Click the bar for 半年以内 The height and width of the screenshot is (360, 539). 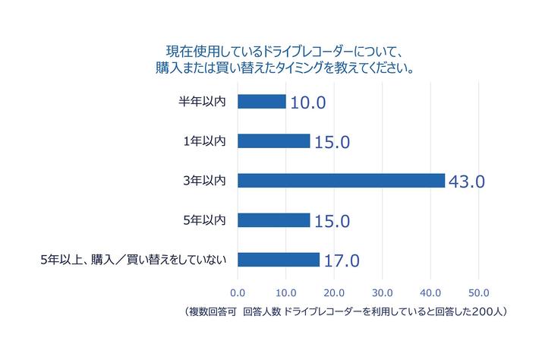(x=262, y=101)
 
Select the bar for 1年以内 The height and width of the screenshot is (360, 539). (x=274, y=141)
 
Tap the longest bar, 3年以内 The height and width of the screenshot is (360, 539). (x=341, y=180)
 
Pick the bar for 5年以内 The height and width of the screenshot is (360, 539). (x=274, y=220)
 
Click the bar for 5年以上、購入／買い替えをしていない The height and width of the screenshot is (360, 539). (x=279, y=260)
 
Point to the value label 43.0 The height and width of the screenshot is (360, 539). (x=466, y=182)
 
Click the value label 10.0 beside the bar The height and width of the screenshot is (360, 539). (x=307, y=103)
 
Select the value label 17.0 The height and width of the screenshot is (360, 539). (x=341, y=261)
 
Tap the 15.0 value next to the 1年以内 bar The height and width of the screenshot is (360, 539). (x=331, y=142)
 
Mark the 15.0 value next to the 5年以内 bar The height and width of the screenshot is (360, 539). (x=331, y=222)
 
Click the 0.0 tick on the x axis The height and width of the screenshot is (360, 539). (x=238, y=292)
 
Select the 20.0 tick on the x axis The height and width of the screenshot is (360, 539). (x=334, y=292)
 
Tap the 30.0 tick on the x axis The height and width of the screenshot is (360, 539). (x=382, y=292)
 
